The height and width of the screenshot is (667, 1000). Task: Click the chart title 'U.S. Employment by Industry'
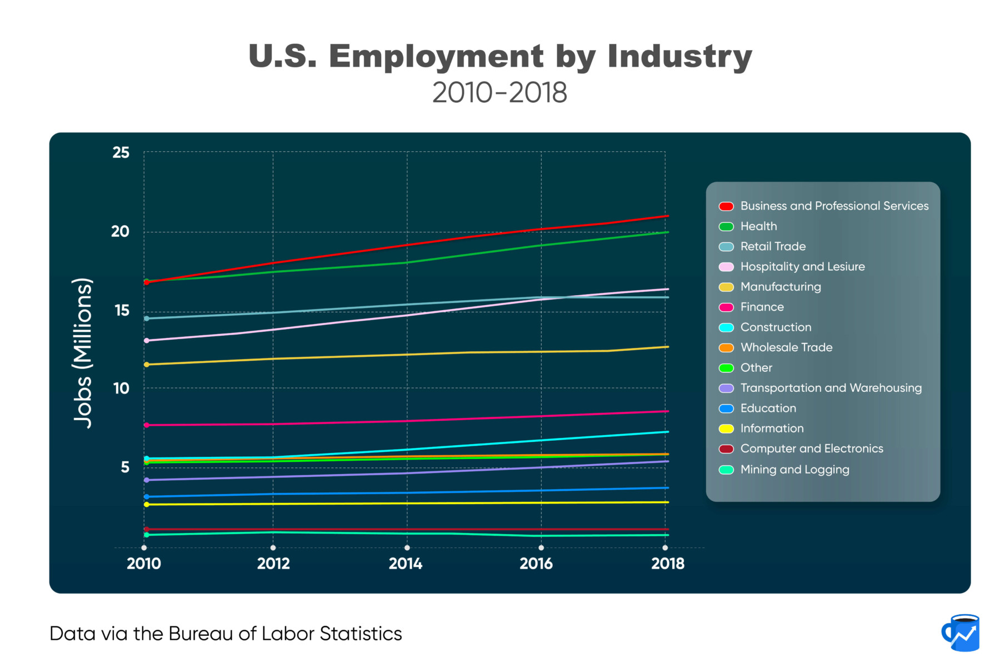click(500, 57)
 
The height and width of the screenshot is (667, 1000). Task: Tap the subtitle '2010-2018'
click(499, 93)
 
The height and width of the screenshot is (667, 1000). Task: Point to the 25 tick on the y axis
click(121, 152)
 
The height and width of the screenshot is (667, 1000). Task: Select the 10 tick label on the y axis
click(121, 389)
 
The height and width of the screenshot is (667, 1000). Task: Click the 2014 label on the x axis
click(406, 564)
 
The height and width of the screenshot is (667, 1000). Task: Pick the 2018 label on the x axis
click(667, 564)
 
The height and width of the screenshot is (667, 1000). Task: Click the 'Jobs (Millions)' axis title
click(83, 353)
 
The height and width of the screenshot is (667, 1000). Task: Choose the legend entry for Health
click(758, 226)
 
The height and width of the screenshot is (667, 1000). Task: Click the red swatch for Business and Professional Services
click(726, 206)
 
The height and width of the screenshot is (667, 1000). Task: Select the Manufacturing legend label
click(781, 287)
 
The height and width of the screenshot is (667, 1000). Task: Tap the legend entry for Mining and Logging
click(794, 470)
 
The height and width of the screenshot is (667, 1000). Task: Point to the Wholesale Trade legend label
click(786, 347)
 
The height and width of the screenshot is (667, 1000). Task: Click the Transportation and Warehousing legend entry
click(831, 388)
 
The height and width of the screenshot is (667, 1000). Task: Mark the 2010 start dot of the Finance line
click(147, 425)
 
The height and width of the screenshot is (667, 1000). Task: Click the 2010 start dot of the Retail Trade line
click(147, 318)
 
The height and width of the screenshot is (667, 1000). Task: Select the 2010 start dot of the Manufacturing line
click(147, 365)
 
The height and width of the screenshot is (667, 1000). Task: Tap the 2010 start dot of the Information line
click(147, 504)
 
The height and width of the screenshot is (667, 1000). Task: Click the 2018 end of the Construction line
click(667, 432)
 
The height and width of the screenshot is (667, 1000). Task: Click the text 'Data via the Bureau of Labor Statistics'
click(226, 634)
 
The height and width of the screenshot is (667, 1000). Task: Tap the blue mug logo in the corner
click(961, 633)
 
